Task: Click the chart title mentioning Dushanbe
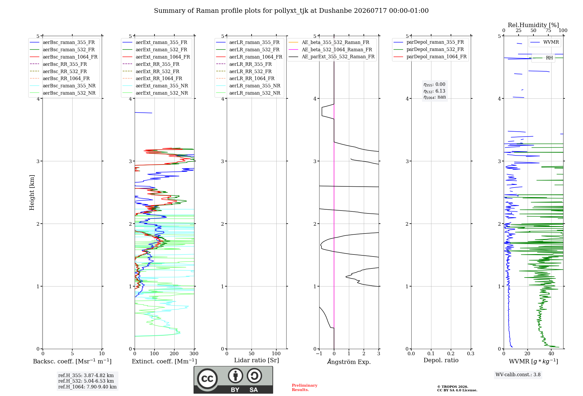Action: point(291,11)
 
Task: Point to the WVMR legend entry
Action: point(545,42)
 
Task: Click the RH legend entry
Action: point(543,58)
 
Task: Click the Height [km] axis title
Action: point(32,192)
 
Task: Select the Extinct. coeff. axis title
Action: point(164,361)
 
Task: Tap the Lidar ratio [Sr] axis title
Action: point(257,360)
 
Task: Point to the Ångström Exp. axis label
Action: point(349,362)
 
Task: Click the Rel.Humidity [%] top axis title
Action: point(533,25)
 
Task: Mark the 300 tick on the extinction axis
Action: point(194,354)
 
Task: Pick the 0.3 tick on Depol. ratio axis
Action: point(471,354)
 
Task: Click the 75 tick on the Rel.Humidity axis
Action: point(548,31)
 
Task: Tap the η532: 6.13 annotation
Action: point(434,91)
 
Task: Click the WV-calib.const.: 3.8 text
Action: point(518,375)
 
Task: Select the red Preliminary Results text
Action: point(305,388)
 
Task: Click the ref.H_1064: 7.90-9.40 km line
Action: point(87,387)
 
